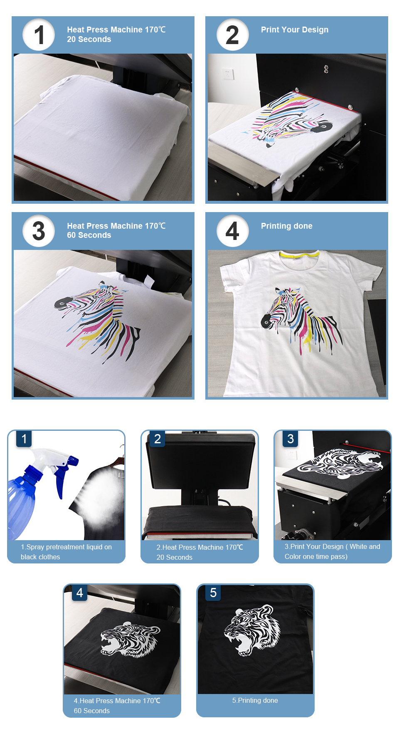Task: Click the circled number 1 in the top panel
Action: (x=39, y=35)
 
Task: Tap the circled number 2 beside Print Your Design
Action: (x=232, y=35)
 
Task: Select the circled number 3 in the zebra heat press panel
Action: (x=39, y=231)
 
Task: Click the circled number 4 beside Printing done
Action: (x=232, y=231)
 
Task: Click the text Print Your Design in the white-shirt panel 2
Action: (x=294, y=30)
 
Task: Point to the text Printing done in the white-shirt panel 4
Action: (x=286, y=226)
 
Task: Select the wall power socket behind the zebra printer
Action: (x=227, y=74)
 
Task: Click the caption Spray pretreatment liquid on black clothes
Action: (x=66, y=552)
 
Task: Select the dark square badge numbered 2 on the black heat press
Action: (x=158, y=439)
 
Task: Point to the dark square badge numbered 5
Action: (x=213, y=593)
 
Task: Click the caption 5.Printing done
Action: (x=255, y=700)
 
